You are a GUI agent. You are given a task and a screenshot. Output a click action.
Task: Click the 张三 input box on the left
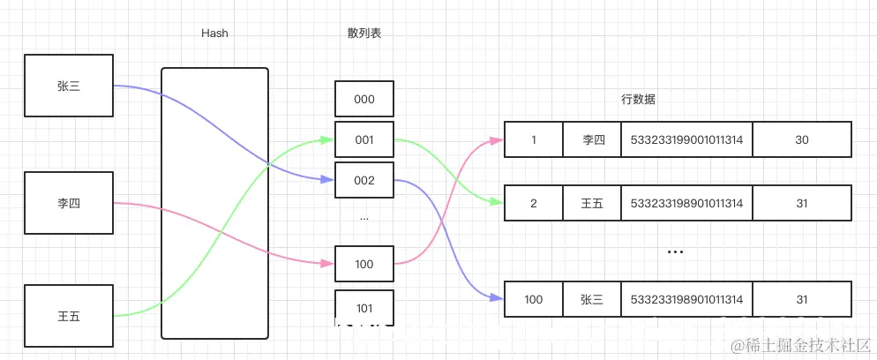(x=69, y=86)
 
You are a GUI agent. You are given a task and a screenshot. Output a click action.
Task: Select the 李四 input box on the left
(x=69, y=203)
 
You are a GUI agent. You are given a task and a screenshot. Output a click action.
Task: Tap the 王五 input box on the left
(x=69, y=315)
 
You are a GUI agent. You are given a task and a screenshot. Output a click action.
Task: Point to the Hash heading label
(x=214, y=34)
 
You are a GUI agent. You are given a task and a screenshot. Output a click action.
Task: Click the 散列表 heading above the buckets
(x=364, y=34)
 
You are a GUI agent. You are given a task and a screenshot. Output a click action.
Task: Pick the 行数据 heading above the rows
(x=638, y=100)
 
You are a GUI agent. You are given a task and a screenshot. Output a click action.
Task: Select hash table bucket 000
(x=364, y=100)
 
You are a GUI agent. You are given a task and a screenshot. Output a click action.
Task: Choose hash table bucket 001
(x=364, y=139)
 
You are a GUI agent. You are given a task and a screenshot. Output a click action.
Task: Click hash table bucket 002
(x=364, y=180)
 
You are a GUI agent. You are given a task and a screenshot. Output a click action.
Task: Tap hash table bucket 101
(x=364, y=308)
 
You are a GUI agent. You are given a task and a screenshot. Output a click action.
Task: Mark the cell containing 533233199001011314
(x=686, y=140)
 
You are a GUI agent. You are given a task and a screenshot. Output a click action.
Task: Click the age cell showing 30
(x=801, y=140)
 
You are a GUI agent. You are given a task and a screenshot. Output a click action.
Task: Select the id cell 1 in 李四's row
(x=533, y=140)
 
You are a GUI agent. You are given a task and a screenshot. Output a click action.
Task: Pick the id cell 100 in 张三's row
(x=533, y=300)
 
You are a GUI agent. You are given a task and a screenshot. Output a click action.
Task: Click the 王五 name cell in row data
(x=592, y=204)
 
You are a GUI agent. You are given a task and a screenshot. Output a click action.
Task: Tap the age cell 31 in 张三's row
(x=801, y=300)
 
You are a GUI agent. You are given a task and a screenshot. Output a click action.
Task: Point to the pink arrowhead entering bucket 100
(x=329, y=264)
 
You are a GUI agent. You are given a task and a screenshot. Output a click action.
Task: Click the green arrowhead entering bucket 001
(x=329, y=139)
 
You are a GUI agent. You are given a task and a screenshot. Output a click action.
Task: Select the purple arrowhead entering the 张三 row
(x=498, y=300)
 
